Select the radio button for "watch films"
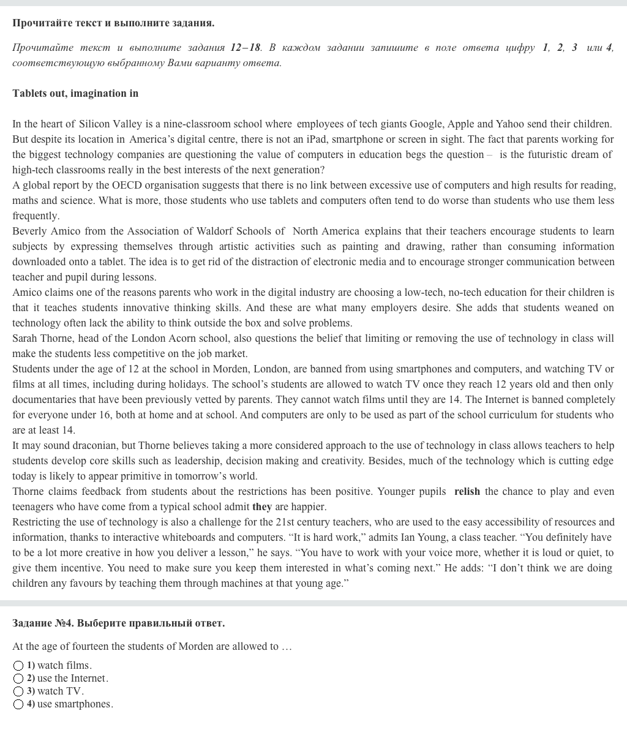tap(18, 666)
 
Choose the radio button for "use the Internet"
tap(18, 679)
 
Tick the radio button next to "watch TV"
tap(18, 691)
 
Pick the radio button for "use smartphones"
tap(18, 704)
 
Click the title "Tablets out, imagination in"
tap(75, 93)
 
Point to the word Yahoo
tap(509, 124)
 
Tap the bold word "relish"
tap(467, 491)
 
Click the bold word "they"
tap(261, 506)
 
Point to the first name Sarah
tap(24, 338)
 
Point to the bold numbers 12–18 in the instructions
tap(246, 47)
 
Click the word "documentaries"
tap(43, 399)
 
